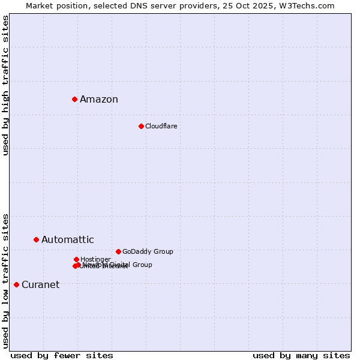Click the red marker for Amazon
click(x=74, y=99)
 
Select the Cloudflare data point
click(x=141, y=126)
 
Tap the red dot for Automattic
click(x=36, y=239)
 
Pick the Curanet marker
click(x=16, y=284)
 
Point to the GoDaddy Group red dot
click(x=118, y=251)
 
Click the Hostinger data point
click(x=76, y=259)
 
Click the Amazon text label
click(x=99, y=100)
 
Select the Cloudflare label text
click(x=161, y=126)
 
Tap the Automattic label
click(x=68, y=240)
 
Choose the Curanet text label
click(x=40, y=285)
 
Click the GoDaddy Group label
click(x=148, y=252)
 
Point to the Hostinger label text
click(x=95, y=259)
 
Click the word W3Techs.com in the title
click(x=305, y=5)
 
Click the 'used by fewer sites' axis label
click(x=62, y=355)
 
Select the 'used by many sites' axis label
click(x=301, y=355)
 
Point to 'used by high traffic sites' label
click(x=5, y=85)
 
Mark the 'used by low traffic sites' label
click(x=5, y=281)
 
